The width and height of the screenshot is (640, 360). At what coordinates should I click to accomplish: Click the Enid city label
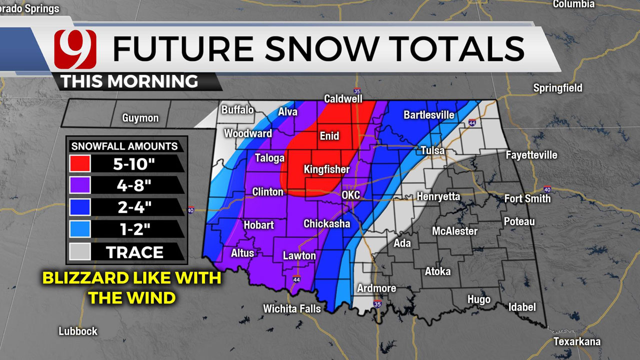click(329, 136)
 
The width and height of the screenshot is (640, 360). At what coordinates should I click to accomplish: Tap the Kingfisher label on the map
click(326, 169)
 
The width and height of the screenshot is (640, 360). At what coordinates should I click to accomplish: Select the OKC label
click(350, 195)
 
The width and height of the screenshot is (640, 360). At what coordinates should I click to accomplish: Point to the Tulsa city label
click(432, 150)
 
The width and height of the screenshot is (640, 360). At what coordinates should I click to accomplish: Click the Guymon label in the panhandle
click(140, 118)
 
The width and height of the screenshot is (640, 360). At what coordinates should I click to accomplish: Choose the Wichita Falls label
click(292, 309)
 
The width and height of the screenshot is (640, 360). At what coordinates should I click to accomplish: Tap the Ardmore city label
click(376, 288)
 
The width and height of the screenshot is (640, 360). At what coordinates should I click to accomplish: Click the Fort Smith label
click(527, 199)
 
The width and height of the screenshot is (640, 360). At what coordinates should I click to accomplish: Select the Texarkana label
click(576, 342)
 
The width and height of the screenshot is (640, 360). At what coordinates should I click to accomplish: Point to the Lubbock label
click(78, 331)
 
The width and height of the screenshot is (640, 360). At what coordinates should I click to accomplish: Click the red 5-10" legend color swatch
click(80, 163)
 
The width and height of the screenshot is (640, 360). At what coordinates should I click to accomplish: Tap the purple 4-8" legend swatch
click(80, 185)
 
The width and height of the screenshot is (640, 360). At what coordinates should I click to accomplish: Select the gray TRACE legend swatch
click(80, 252)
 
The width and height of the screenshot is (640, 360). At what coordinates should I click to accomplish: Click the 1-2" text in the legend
click(133, 229)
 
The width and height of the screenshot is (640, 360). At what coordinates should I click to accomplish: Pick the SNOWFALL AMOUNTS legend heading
click(124, 146)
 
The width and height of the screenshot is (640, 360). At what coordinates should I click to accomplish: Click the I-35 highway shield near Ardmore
click(377, 303)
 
